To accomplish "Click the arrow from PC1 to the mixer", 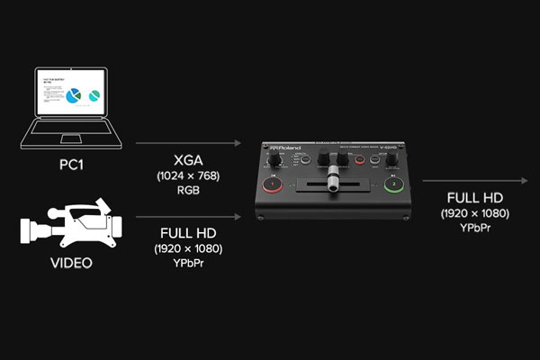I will tap(188, 142).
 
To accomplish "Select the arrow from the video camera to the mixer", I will tap(188, 216).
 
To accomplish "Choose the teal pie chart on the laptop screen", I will tap(94, 100).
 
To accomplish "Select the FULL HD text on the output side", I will tap(474, 198).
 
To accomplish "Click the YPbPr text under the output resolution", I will tap(474, 230).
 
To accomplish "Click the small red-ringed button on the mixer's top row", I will tap(361, 161).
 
